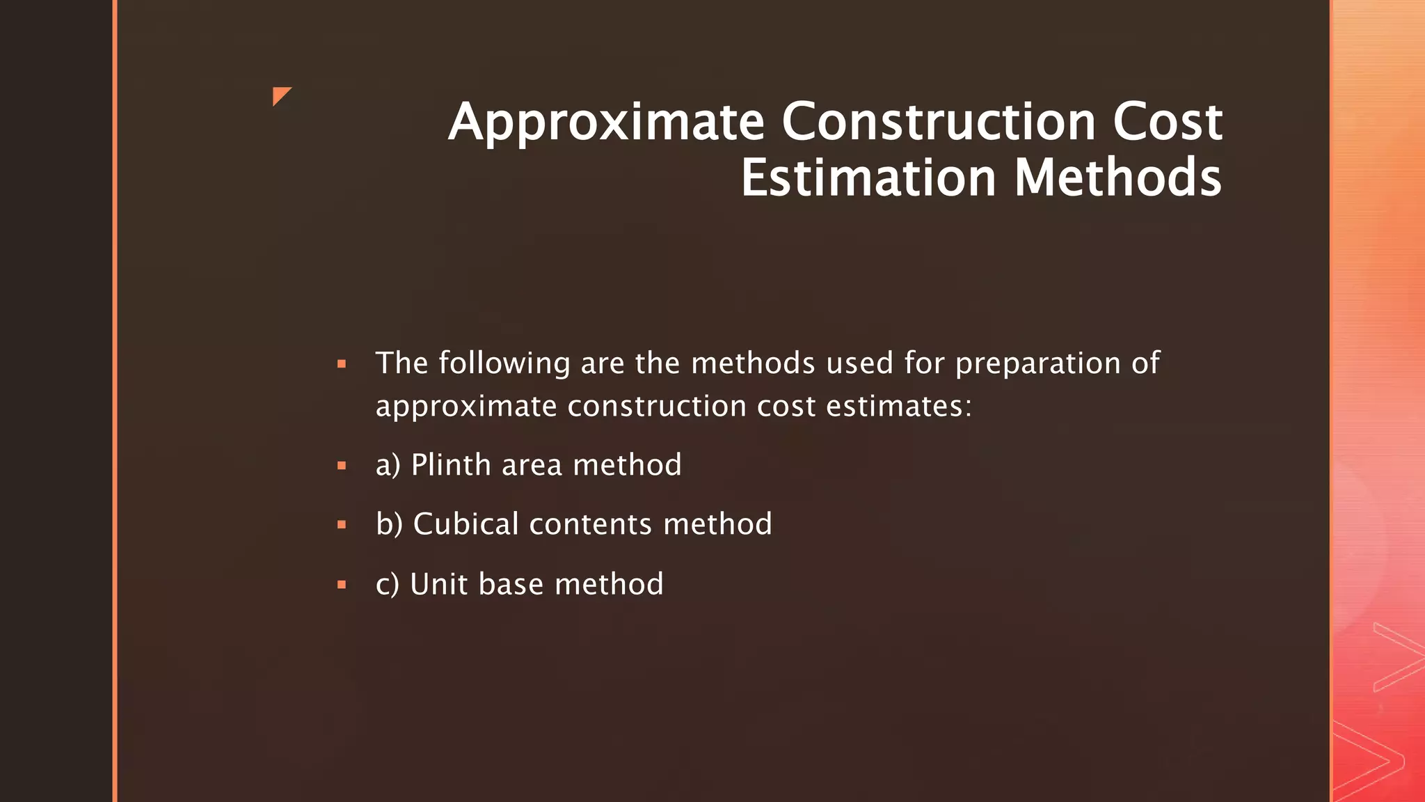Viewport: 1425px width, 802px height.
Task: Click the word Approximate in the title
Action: pyautogui.click(x=606, y=123)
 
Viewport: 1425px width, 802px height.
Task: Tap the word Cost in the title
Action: pyautogui.click(x=1167, y=122)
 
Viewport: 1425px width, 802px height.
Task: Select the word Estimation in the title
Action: pyautogui.click(x=868, y=178)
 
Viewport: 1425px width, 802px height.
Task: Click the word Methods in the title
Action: pyautogui.click(x=1117, y=178)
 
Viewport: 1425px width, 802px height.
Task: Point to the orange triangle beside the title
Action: pyautogui.click(x=280, y=95)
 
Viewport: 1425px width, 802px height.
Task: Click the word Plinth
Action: pyautogui.click(x=451, y=465)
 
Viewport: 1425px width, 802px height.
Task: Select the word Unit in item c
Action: pyautogui.click(x=438, y=584)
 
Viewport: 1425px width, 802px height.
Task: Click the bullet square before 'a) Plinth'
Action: pyautogui.click(x=342, y=466)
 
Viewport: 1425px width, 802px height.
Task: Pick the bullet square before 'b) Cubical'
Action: pyautogui.click(x=342, y=525)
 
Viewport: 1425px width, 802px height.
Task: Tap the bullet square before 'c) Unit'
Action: pyautogui.click(x=342, y=585)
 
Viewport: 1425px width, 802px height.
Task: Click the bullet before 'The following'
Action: pyautogui.click(x=342, y=363)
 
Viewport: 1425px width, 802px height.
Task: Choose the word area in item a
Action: pyautogui.click(x=532, y=466)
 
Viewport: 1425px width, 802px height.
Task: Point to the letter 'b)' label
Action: pyautogui.click(x=389, y=524)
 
